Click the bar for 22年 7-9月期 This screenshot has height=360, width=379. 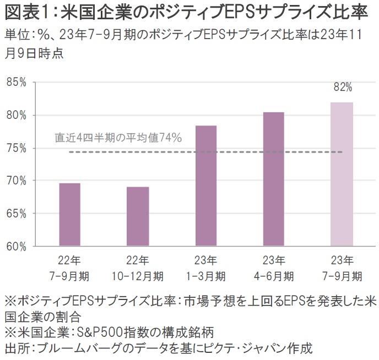coord(70,214)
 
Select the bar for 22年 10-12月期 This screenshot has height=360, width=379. coord(138,216)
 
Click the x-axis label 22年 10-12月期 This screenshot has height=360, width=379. coord(138,267)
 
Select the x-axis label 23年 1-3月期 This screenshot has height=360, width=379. coord(206,267)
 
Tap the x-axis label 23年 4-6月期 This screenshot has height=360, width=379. coord(274,267)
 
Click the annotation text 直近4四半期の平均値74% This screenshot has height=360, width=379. coord(118,138)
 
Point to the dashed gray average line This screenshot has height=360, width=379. coord(165,152)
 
